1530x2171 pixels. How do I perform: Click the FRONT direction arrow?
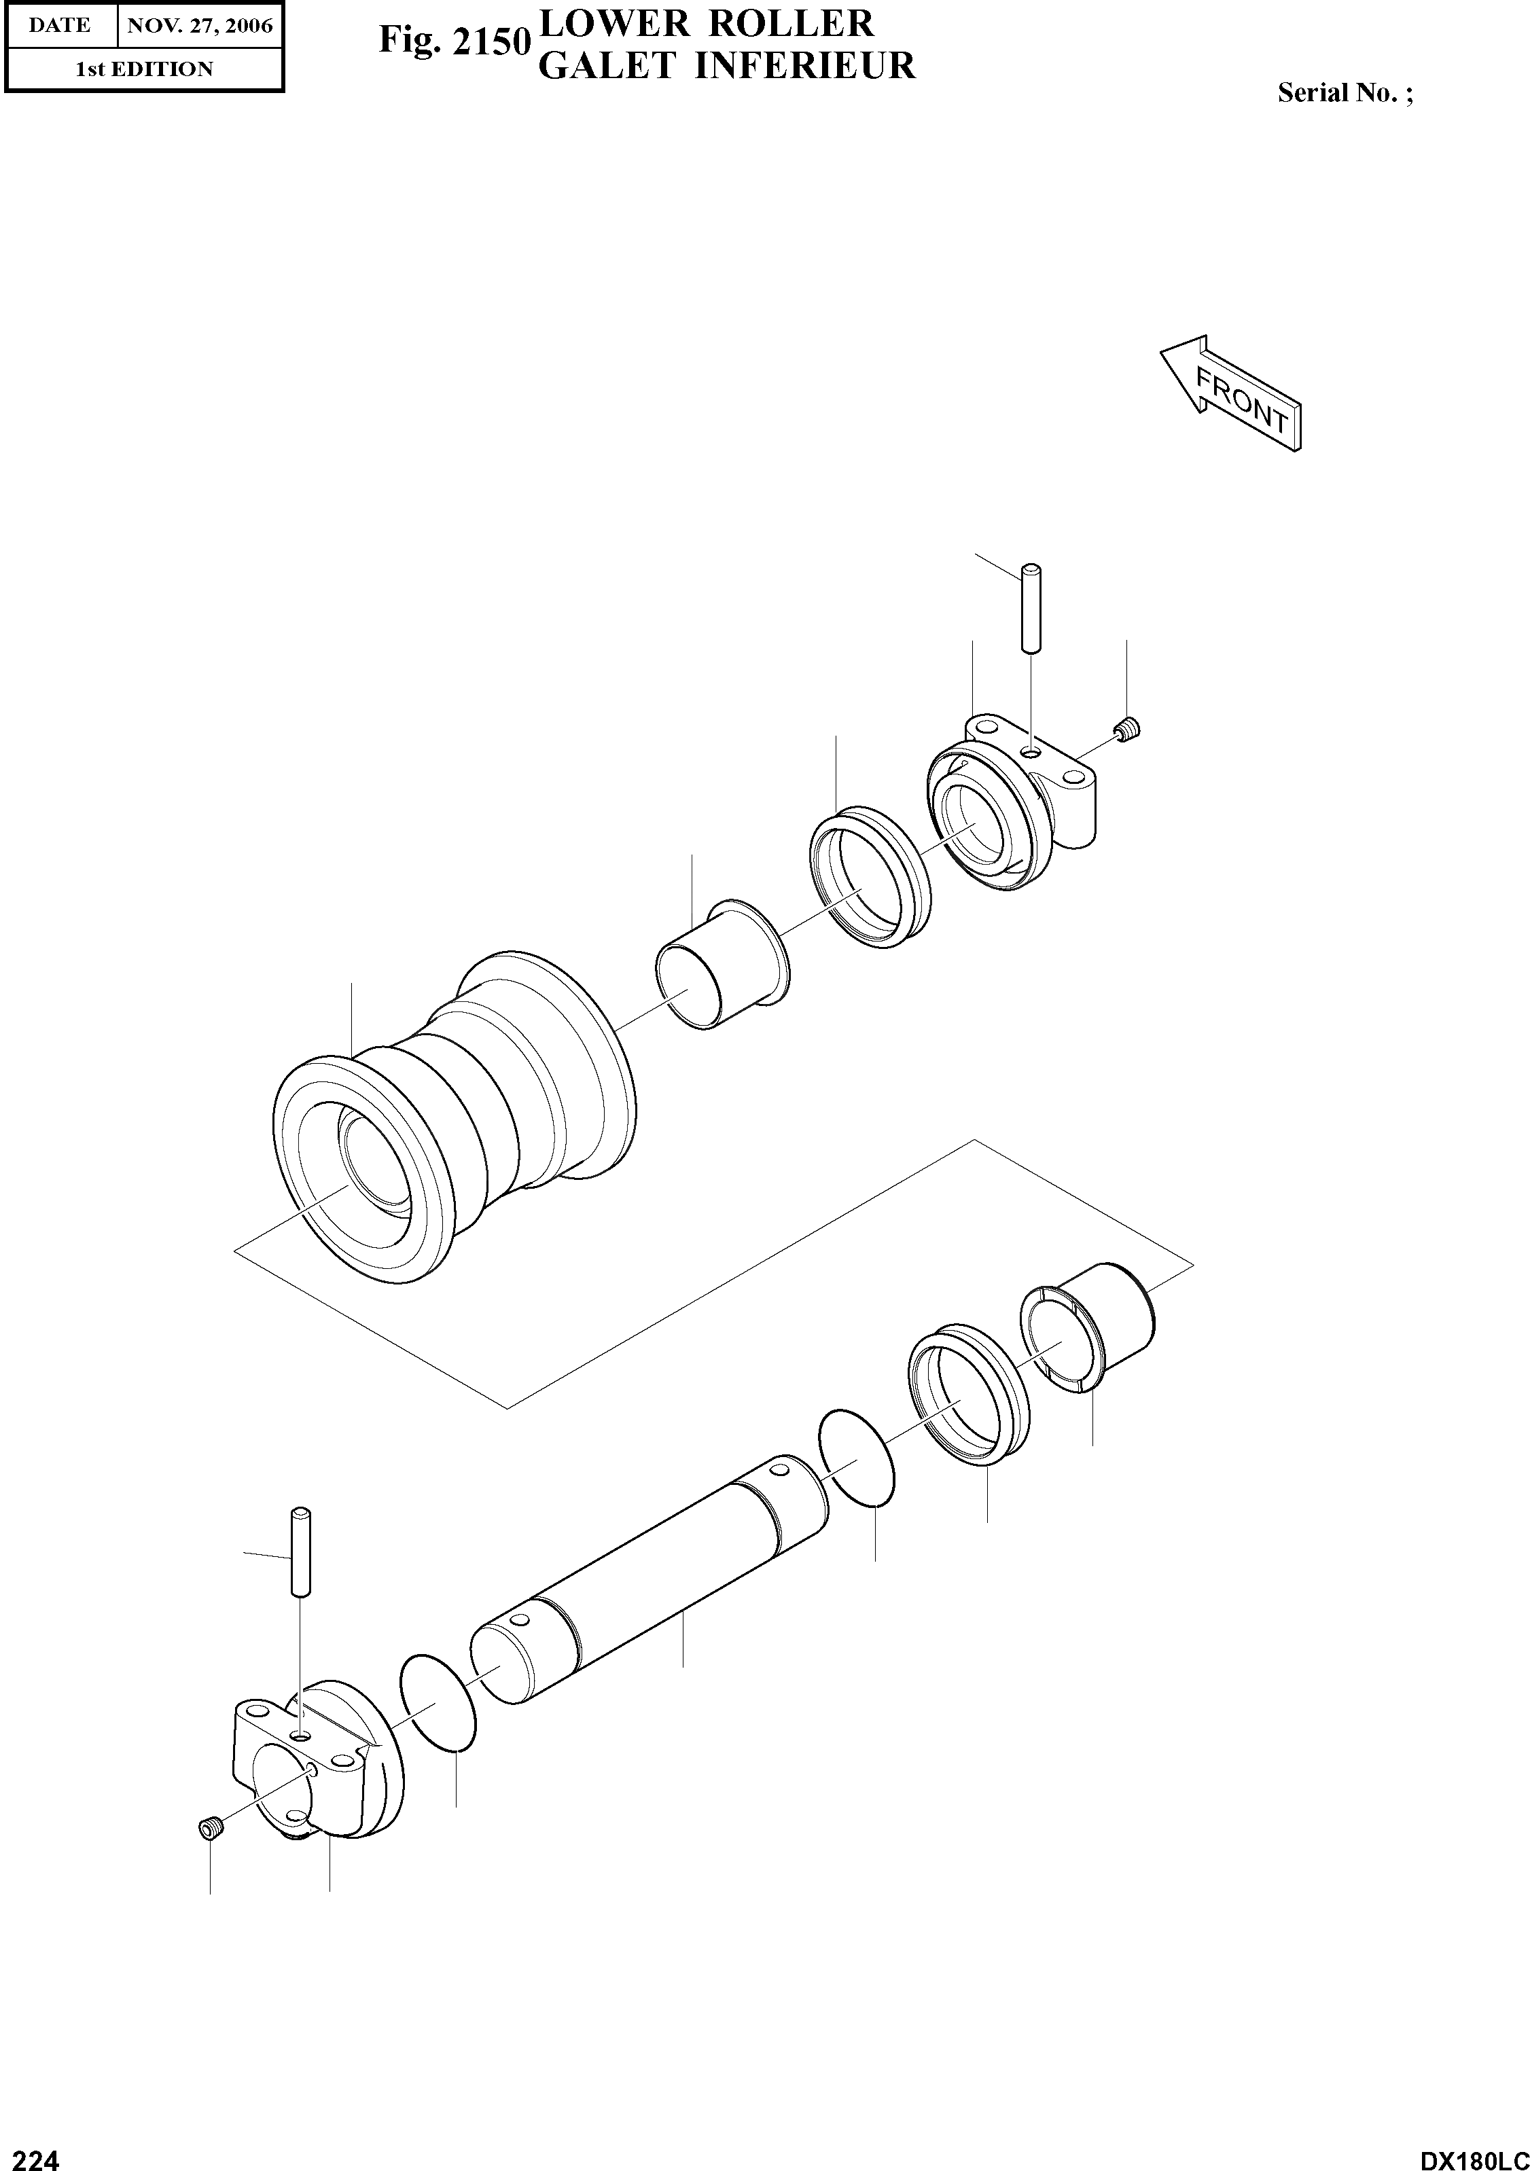coord(1231,393)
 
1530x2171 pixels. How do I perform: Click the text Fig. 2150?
coord(453,41)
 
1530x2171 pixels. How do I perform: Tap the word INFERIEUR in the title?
coord(806,66)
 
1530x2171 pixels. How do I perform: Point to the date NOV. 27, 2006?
coord(200,26)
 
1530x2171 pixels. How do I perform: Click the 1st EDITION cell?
coord(144,69)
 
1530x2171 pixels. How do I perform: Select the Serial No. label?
coord(1345,92)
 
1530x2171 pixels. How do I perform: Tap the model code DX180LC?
coord(1472,2153)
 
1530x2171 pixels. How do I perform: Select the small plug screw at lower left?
coord(210,1829)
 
